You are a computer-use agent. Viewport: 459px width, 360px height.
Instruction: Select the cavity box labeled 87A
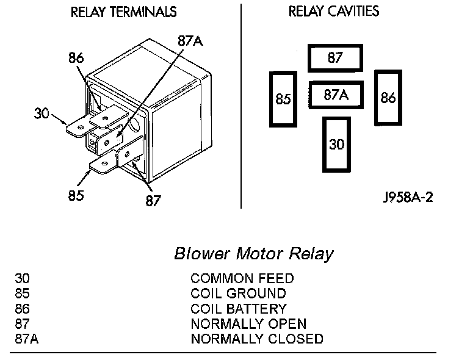click(x=336, y=95)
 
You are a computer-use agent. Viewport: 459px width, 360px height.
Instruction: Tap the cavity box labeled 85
click(x=283, y=99)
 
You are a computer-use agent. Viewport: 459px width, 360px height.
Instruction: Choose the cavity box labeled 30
click(x=336, y=145)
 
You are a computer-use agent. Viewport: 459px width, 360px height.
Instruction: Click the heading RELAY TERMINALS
click(x=124, y=12)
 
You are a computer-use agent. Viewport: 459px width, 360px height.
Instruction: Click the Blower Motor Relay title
click(x=254, y=253)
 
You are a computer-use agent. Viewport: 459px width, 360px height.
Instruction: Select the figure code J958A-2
click(x=408, y=198)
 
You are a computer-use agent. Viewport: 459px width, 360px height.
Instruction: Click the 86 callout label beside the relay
click(x=76, y=59)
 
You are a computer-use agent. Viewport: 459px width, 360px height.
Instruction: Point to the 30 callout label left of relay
click(x=42, y=113)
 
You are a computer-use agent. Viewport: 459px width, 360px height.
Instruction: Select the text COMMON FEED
click(x=242, y=279)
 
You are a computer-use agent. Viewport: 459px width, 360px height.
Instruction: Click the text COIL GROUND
click(x=238, y=294)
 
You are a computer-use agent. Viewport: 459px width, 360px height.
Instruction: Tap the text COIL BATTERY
click(x=239, y=309)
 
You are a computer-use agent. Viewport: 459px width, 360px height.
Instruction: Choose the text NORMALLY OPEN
click(x=248, y=324)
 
